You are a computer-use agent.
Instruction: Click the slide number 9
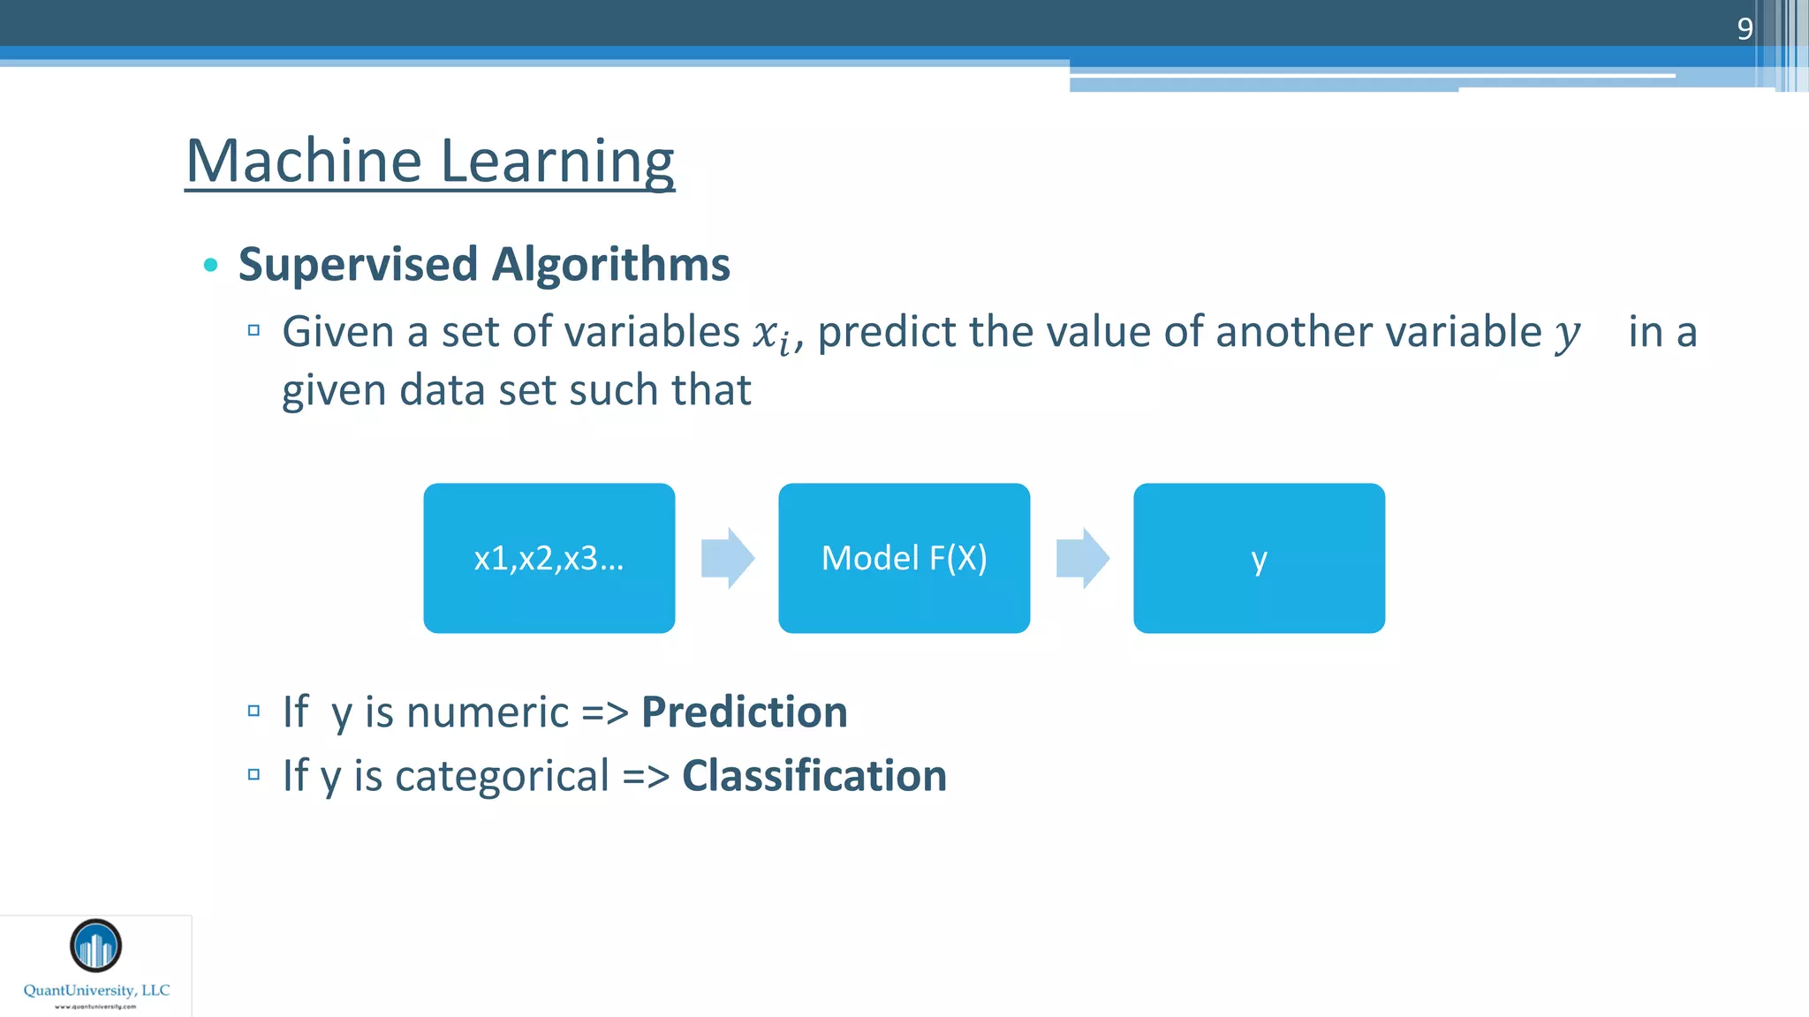(x=1745, y=28)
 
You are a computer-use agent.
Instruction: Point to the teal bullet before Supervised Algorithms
(x=210, y=265)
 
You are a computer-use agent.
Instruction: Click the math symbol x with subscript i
(x=772, y=335)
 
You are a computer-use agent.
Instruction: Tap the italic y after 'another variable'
(x=1567, y=335)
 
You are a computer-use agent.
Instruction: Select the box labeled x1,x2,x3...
(x=549, y=558)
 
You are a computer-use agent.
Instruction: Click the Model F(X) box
(x=904, y=558)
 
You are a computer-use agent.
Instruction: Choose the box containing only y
(x=1259, y=558)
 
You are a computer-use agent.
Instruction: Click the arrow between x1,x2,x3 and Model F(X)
(x=727, y=558)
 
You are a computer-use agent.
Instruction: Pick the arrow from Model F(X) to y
(x=1082, y=558)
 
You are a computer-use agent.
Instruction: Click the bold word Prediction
(x=744, y=712)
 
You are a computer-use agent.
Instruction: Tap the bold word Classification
(x=814, y=776)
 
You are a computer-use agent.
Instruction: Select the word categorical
(x=502, y=776)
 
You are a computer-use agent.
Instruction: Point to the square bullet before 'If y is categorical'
(x=254, y=775)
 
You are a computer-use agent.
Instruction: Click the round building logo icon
(x=95, y=945)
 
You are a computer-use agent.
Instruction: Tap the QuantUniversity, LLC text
(x=96, y=991)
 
